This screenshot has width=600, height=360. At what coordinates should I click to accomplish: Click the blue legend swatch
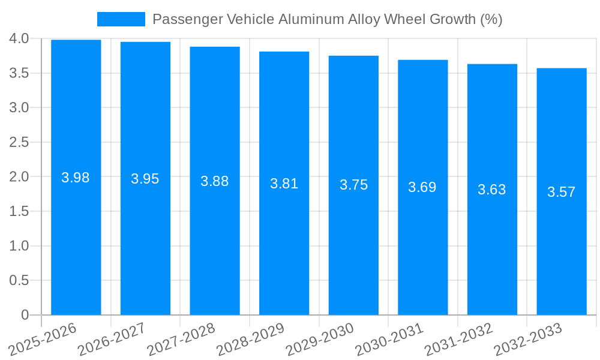(121, 19)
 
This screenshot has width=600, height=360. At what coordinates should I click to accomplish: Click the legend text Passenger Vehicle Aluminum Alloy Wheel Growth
(327, 19)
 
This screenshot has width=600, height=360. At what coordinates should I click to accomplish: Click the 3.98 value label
(76, 178)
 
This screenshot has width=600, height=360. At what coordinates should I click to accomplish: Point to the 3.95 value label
(145, 179)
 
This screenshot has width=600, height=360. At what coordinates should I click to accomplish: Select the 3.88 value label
(215, 181)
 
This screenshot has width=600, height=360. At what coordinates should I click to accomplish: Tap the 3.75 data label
(353, 185)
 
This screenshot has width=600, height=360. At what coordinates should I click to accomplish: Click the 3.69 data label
(422, 187)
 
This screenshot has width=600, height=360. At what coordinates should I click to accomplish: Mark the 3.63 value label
(492, 190)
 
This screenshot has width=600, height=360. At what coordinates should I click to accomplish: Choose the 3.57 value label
(562, 192)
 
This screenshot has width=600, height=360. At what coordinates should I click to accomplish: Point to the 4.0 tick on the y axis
(19, 39)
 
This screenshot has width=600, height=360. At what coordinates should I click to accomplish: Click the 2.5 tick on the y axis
(19, 142)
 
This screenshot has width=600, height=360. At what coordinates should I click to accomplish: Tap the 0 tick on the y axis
(25, 315)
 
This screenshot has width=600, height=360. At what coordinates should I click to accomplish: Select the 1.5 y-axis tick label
(19, 211)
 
